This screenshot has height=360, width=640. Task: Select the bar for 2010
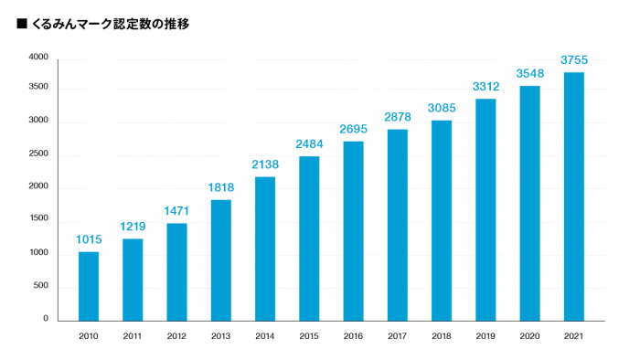(x=89, y=286)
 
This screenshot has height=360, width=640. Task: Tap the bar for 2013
(x=221, y=260)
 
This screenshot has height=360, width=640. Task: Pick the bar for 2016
(x=353, y=231)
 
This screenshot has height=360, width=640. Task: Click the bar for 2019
(x=485, y=209)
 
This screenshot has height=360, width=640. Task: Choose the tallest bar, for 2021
(x=573, y=196)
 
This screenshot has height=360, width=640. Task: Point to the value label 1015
(x=89, y=240)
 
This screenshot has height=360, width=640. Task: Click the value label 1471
(x=176, y=211)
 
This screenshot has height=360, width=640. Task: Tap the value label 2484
(x=309, y=144)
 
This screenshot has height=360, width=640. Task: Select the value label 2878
(x=397, y=118)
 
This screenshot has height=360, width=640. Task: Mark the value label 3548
(x=529, y=74)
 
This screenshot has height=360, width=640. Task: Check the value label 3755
(x=573, y=60)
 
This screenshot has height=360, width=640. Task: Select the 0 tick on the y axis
(x=44, y=319)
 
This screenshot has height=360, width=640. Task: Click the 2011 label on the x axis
(x=133, y=336)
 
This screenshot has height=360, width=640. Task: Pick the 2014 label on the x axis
(x=265, y=336)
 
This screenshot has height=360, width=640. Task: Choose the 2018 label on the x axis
(x=442, y=336)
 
